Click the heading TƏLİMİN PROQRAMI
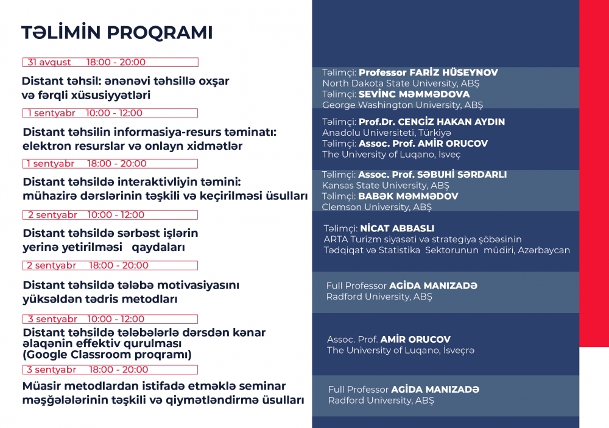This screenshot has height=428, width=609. point(117,33)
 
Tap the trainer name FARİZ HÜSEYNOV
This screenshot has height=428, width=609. point(428,72)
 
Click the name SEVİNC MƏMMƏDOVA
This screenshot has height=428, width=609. point(414,94)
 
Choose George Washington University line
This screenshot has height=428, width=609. point(402,105)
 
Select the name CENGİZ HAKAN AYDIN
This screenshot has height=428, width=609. point(432,122)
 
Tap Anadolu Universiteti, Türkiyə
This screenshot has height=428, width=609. point(386,133)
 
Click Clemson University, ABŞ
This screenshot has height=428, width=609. point(376,207)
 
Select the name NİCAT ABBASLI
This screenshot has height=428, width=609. point(397,228)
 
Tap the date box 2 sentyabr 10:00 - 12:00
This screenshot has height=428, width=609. point(111,215)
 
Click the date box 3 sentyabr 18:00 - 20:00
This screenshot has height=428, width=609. point(111,370)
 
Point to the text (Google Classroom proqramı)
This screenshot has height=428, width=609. point(107,354)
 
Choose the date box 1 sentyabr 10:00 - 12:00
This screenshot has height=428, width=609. point(111,113)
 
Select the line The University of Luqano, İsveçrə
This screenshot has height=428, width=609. point(401,350)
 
